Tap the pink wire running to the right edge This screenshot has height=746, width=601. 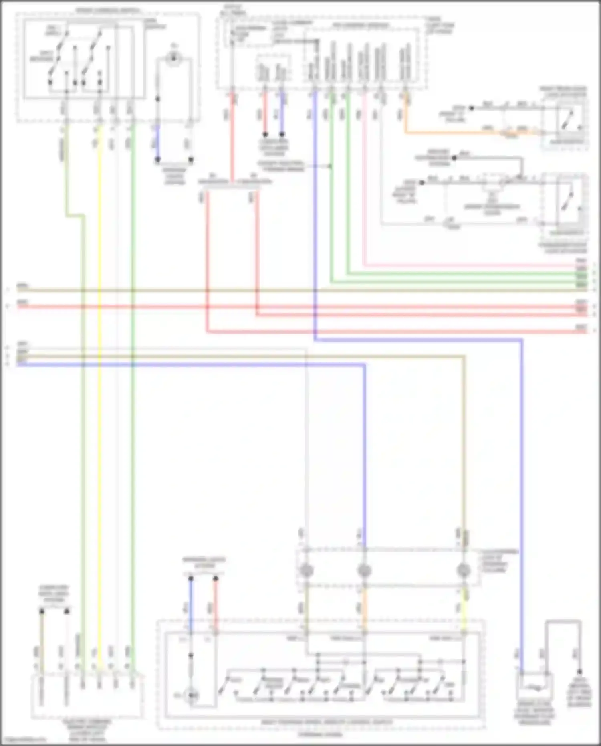click(461, 265)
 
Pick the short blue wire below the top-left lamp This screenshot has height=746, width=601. click(158, 142)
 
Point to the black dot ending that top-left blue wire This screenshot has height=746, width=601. click(158, 160)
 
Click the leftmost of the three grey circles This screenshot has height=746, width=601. click(307, 570)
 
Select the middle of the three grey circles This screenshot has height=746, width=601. click(364, 570)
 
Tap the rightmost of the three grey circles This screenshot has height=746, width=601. click(464, 570)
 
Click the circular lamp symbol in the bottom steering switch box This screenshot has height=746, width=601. click(192, 695)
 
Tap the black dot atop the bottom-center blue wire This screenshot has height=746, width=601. click(191, 579)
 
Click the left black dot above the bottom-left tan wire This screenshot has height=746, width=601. click(42, 611)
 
